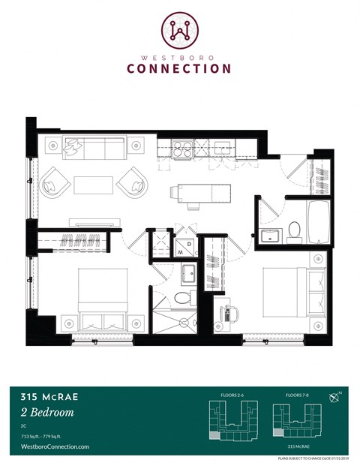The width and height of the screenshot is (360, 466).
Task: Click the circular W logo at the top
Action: coord(179,29)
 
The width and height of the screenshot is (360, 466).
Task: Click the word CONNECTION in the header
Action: coord(179,68)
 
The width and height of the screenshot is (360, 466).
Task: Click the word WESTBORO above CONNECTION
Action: coord(179,55)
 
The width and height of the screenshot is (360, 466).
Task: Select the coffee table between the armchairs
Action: coord(93,185)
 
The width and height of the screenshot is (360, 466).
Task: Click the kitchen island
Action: coord(196,194)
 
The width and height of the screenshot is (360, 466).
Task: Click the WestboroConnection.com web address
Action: coord(52,446)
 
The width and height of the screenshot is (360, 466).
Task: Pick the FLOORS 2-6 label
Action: coord(228,393)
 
